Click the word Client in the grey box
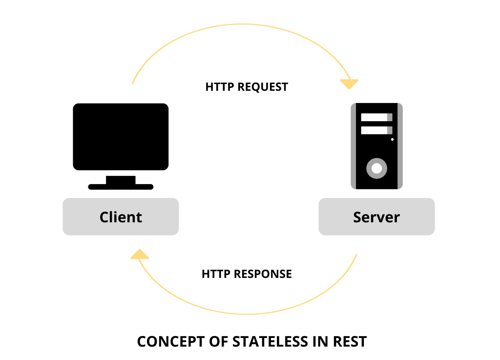[x=121, y=217]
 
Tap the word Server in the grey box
[x=376, y=217]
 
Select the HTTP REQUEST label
[x=247, y=87]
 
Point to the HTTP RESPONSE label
[x=247, y=274]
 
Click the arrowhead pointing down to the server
[x=349, y=84]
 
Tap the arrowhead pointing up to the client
[x=140, y=254]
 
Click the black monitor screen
[x=121, y=136]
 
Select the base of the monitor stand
[x=121, y=187]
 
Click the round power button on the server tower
[x=376, y=169]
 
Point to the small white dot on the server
[x=392, y=139]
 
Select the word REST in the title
[x=350, y=341]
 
